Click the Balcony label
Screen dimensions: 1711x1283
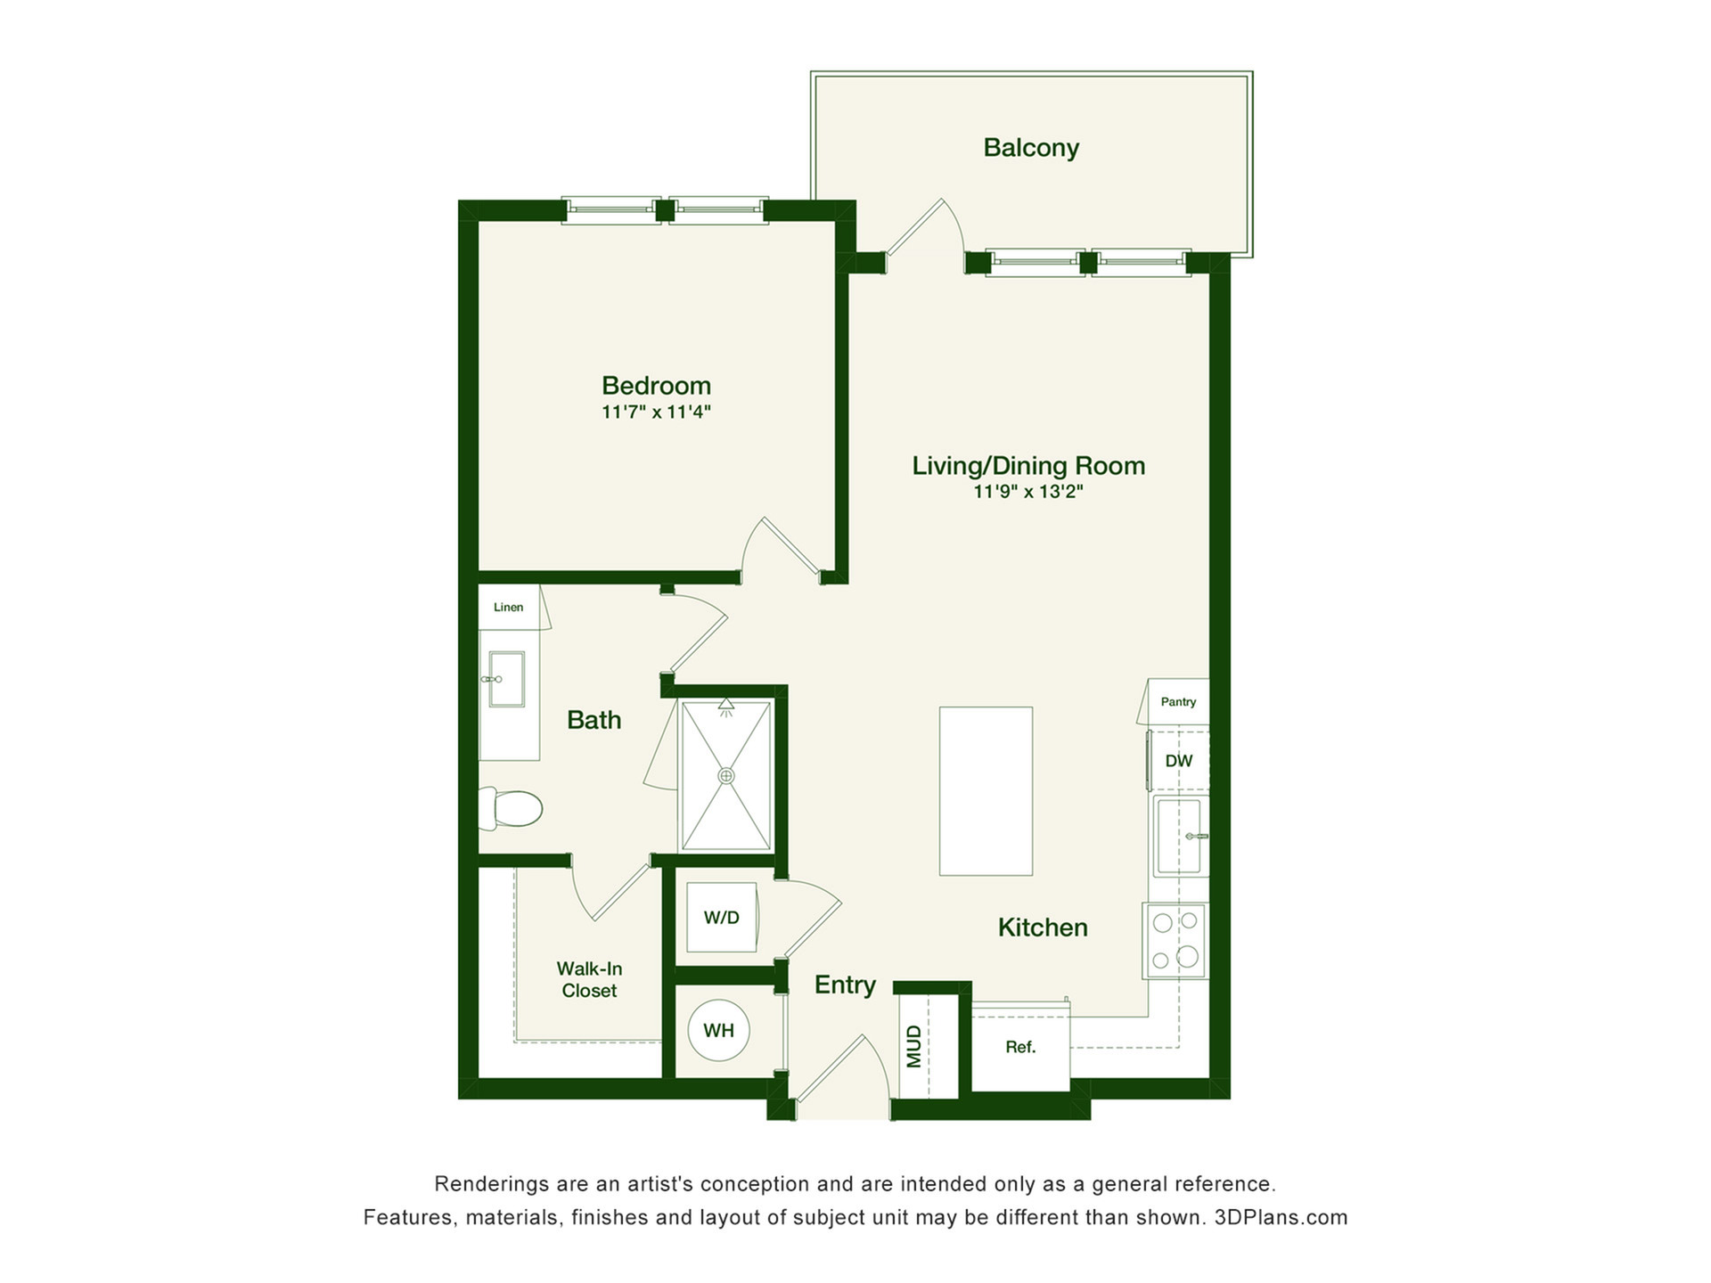(x=1031, y=148)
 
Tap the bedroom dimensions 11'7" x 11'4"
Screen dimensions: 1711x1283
(x=656, y=412)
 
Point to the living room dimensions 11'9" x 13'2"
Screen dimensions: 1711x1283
(x=1028, y=491)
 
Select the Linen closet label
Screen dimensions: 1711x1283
(x=508, y=607)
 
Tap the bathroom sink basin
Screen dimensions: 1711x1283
(x=505, y=679)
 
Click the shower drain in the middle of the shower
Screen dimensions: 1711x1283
(x=726, y=776)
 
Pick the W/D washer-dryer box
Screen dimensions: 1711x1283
(x=722, y=917)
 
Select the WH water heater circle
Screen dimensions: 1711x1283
(x=719, y=1030)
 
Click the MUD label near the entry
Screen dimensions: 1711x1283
(x=914, y=1046)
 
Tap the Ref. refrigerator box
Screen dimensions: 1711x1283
(x=1020, y=1047)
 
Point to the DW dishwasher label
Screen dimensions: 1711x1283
(x=1179, y=761)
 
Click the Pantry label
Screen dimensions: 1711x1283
(x=1178, y=702)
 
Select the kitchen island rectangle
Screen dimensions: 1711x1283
(x=986, y=791)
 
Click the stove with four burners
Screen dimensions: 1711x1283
(x=1175, y=941)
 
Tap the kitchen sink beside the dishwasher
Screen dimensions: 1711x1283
(x=1180, y=837)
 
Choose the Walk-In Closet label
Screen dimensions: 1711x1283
(x=589, y=979)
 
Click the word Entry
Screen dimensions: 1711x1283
(x=845, y=985)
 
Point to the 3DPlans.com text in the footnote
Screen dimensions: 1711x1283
(x=1281, y=1217)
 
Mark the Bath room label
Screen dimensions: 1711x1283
(x=594, y=720)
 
